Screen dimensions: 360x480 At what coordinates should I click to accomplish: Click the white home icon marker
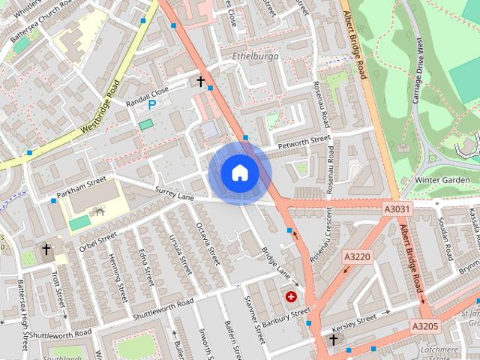tap(239, 172)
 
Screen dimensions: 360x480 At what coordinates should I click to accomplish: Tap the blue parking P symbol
tap(151, 105)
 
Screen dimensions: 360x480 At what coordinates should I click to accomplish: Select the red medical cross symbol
tap(290, 297)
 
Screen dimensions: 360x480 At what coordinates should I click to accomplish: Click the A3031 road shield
tap(397, 209)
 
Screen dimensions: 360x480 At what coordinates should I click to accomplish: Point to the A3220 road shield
tap(357, 256)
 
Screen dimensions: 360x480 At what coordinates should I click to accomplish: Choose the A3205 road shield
tap(424, 326)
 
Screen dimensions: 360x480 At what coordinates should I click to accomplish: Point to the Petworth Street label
tap(304, 140)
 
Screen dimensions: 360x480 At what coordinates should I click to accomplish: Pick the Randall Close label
tap(148, 94)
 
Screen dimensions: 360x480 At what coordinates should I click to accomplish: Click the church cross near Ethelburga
tap(200, 80)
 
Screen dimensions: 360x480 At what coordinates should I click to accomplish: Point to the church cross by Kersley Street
tap(333, 340)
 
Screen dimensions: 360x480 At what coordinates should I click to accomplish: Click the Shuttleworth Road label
tap(163, 308)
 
